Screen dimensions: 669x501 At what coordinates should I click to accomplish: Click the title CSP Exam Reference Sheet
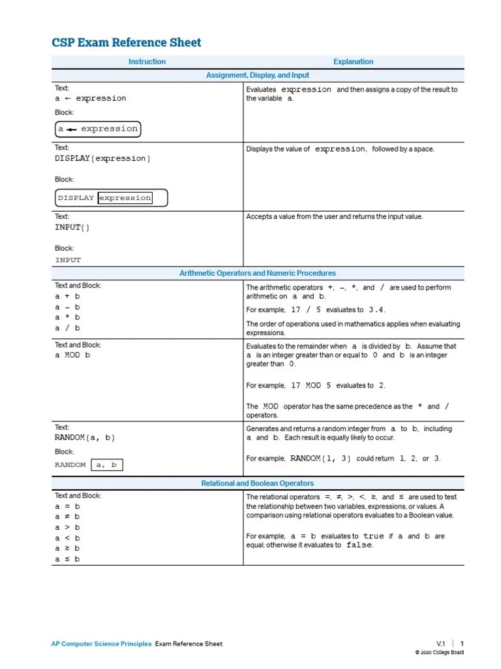point(127,43)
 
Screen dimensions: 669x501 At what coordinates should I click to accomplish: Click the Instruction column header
point(147,61)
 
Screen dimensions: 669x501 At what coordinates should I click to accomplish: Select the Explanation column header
point(353,61)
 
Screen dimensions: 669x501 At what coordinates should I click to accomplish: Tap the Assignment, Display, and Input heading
point(258,75)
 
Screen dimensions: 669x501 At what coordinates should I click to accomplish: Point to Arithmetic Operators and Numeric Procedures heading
point(258,273)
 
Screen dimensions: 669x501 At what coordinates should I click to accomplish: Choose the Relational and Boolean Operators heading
point(258,483)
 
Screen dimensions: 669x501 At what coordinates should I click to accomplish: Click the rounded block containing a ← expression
point(98,129)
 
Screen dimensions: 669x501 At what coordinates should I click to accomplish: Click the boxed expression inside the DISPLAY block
point(125,198)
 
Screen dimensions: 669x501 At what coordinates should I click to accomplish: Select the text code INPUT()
point(72,227)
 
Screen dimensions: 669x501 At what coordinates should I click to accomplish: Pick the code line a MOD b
point(72,355)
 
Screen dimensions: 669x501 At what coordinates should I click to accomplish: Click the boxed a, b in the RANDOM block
point(106,465)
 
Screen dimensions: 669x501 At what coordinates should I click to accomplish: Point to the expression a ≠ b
point(67,517)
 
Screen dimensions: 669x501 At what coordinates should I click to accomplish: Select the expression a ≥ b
point(67,549)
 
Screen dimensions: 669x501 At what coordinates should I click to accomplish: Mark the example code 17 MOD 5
point(315,386)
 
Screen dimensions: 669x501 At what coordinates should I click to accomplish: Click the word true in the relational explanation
point(374,536)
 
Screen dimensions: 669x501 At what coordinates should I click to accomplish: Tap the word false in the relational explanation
point(359,546)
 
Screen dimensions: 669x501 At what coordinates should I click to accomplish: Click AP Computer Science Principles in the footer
point(101,644)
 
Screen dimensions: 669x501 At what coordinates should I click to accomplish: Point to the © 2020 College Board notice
point(440,653)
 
